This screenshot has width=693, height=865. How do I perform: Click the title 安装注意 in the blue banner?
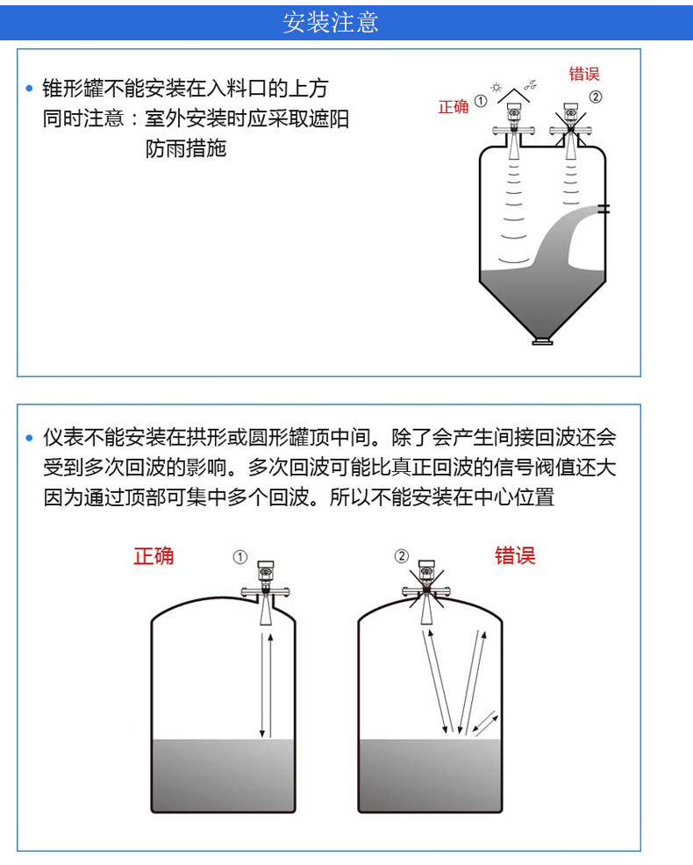[x=331, y=23]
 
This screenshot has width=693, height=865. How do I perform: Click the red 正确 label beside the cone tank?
[x=453, y=106]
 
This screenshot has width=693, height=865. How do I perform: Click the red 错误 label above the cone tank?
[x=584, y=74]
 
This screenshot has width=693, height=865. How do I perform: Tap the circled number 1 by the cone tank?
[x=481, y=101]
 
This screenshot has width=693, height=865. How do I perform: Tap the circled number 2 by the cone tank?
[x=596, y=97]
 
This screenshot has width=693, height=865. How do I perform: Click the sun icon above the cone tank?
[x=497, y=87]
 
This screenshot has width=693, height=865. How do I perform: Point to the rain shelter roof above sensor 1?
[x=514, y=95]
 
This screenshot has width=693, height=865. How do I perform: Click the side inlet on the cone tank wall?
[x=604, y=209]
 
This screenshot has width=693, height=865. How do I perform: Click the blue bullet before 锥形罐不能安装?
[x=30, y=89]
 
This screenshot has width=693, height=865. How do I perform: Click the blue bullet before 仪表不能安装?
[x=30, y=438]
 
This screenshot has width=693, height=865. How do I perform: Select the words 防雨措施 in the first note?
[x=186, y=148]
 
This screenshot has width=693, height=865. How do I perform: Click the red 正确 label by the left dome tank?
[x=154, y=556]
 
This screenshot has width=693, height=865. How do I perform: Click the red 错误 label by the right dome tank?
[x=515, y=555]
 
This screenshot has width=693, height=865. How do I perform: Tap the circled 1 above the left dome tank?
[x=240, y=557]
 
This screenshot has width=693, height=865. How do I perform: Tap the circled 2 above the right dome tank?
[x=402, y=556]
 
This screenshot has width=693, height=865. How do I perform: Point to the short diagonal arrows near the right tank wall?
[x=486, y=725]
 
